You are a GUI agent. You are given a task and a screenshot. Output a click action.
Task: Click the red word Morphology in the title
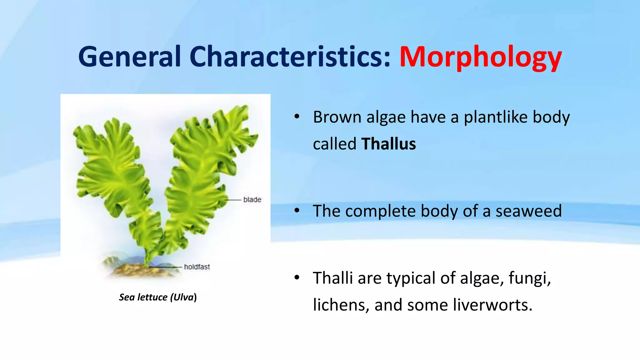click(480, 57)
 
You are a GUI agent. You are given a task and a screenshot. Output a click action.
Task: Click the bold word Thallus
click(388, 144)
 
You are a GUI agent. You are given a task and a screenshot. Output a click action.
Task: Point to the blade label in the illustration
click(252, 200)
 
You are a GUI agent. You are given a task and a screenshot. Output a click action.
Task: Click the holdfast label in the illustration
click(197, 267)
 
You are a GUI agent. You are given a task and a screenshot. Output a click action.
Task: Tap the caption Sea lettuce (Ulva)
click(158, 297)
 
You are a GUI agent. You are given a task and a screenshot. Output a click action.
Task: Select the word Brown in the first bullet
click(337, 117)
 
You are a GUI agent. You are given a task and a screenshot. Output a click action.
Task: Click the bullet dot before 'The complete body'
click(297, 210)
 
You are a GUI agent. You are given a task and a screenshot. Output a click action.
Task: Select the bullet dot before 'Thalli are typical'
click(297, 277)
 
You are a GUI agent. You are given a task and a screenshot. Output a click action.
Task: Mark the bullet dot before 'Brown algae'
click(297, 117)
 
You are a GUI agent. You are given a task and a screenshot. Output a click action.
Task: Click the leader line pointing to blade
click(233, 200)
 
